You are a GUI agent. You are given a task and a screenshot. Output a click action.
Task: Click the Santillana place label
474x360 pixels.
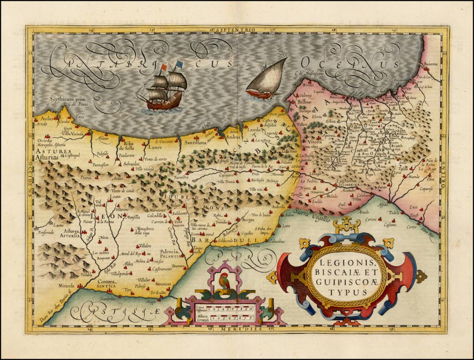click(x=195, y=142)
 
